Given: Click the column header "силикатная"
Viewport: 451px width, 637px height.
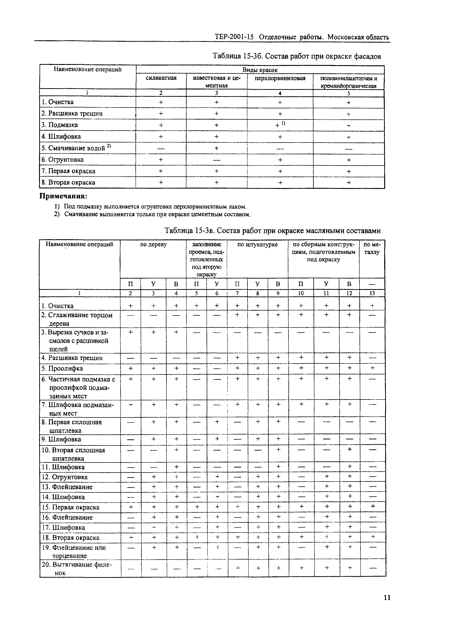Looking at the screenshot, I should [161, 78].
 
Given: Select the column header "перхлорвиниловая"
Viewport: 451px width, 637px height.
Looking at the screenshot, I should [280, 78].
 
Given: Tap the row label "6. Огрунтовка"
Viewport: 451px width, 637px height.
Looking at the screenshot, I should [62, 160].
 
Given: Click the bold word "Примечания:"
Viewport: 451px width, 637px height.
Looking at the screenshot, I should [63, 196].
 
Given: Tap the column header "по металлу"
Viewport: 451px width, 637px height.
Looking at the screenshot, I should [372, 248].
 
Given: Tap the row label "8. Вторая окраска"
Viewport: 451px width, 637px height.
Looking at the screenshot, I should [68, 182].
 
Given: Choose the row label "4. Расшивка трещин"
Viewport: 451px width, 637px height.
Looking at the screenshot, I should [72, 358].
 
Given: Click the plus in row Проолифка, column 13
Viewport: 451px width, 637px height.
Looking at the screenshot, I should [372, 368].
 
